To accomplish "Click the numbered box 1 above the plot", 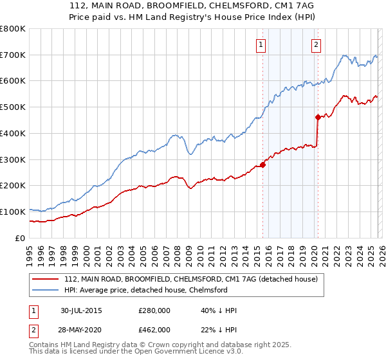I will [x=261, y=44].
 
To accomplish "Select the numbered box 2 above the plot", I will [x=317, y=44].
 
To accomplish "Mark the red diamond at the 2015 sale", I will [x=262, y=165].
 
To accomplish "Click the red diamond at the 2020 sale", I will [x=318, y=117].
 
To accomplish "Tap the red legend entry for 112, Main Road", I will [x=190, y=280].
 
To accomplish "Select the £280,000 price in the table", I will [x=154, y=311].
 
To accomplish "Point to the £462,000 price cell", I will [x=154, y=329].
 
